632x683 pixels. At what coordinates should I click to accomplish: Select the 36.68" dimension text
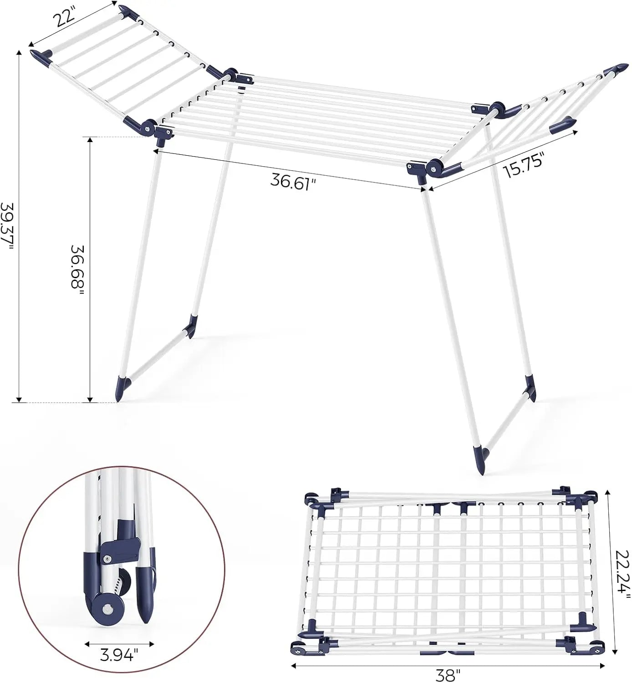click(77, 270)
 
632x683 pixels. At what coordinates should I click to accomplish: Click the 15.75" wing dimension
click(524, 165)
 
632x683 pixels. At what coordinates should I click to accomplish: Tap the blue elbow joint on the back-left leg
click(189, 326)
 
